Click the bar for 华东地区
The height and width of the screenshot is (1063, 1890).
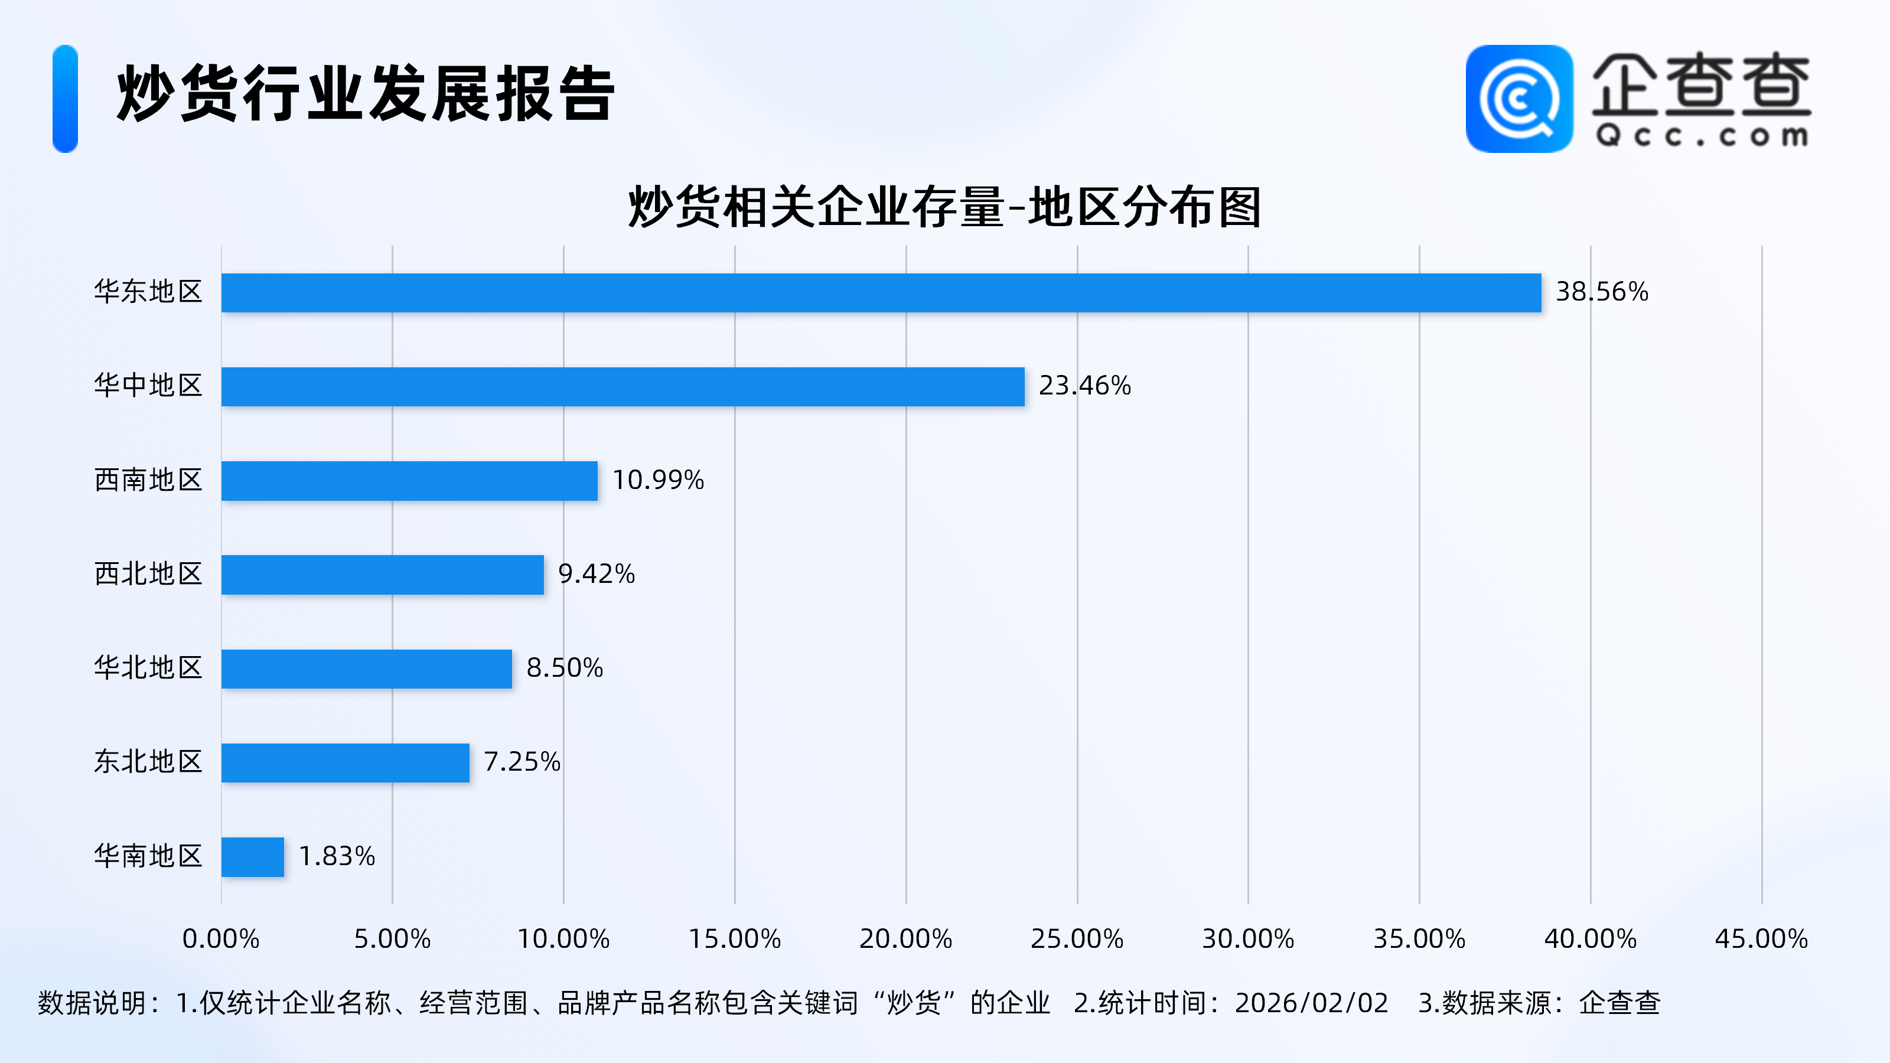881,293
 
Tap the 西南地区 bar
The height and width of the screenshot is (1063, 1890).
409,481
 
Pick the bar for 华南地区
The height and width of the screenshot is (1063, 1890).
252,856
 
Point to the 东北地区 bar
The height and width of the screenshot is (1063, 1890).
345,762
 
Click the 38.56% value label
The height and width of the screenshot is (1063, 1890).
1602,292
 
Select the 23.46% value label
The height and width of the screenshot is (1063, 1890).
1084,386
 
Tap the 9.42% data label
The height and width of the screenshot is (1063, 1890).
596,573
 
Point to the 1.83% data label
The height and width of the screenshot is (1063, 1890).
337,856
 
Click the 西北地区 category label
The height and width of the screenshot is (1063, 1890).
148,573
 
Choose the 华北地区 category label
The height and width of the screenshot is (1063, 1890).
148,667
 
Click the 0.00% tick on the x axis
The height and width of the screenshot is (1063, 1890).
221,939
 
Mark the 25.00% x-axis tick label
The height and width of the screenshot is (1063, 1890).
1076,939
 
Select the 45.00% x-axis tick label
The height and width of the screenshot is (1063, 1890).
1761,939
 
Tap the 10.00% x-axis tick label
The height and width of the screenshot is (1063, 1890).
563,939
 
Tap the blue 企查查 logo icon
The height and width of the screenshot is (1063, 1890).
1518,99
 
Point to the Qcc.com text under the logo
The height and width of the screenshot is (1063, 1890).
1702,136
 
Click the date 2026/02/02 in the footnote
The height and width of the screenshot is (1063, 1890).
1311,1003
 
